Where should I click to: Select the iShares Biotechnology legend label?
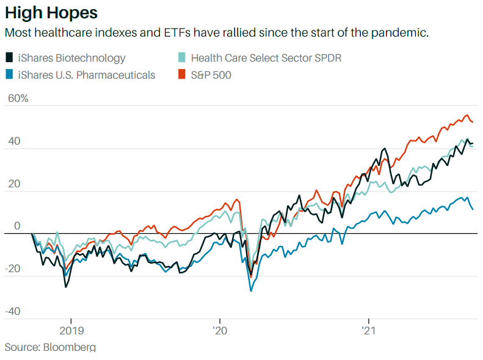point(71,58)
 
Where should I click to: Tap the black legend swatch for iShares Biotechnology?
point(9,58)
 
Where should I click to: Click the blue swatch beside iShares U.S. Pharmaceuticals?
point(9,75)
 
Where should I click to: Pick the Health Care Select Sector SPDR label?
point(266,58)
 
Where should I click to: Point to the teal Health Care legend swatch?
point(181,58)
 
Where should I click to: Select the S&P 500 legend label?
point(211,75)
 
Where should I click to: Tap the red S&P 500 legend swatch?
point(181,75)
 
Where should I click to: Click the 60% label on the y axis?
point(16,98)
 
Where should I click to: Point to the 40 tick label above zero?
point(13,141)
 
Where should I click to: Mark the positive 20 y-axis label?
point(13,184)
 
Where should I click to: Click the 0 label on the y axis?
point(17,226)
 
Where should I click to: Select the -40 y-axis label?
point(13,311)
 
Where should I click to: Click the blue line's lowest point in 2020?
point(251,290)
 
